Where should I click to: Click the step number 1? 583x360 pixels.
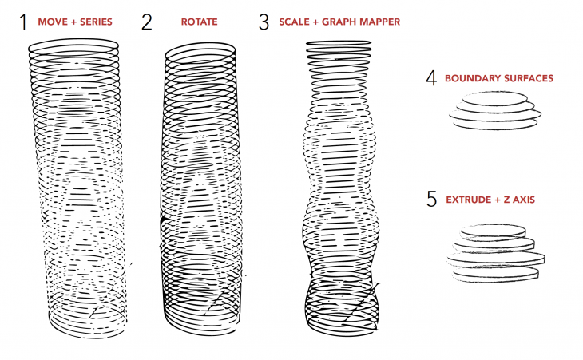click(23, 22)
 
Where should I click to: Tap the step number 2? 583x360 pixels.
click(146, 22)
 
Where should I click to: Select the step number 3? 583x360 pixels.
click(264, 22)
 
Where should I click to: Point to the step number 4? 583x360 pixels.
click(431, 78)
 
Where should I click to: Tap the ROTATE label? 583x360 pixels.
click(200, 22)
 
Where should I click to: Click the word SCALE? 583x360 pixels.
click(293, 22)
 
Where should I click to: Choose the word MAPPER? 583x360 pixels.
click(379, 22)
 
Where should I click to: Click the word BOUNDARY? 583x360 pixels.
click(470, 78)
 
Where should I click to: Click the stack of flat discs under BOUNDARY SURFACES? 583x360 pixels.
click(490, 110)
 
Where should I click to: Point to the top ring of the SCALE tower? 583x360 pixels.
click(340, 45)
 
